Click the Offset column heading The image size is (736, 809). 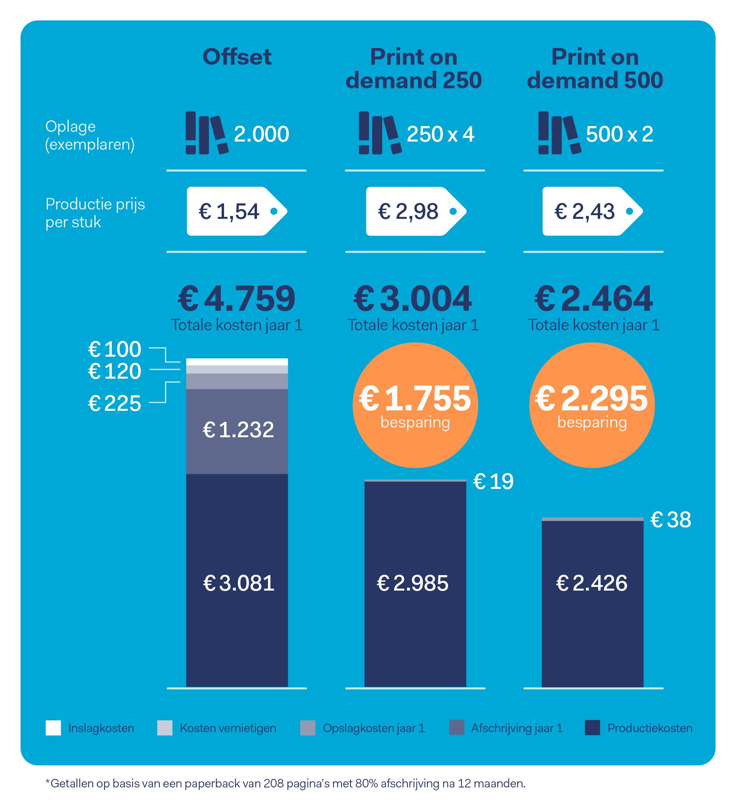click(237, 57)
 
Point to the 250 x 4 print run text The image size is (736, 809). click(440, 134)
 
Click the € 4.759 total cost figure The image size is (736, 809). click(237, 299)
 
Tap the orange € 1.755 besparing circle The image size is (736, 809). click(415, 405)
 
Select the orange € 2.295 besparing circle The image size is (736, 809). click(592, 405)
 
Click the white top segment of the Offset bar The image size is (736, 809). click(237, 362)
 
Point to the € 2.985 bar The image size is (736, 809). click(415, 583)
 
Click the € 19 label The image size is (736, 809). click(493, 482)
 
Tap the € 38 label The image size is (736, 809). click(671, 520)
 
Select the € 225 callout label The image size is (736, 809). click(115, 403)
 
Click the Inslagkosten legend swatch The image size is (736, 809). click(53, 728)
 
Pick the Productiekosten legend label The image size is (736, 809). click(649, 728)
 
